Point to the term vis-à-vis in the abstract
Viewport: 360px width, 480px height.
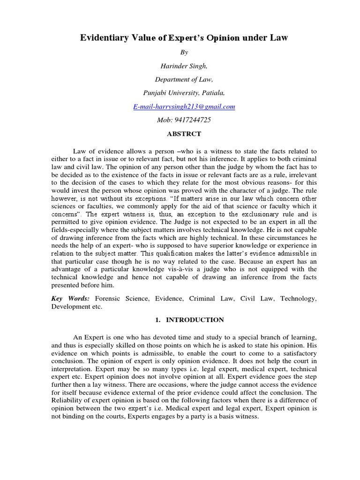(x=206, y=269)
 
